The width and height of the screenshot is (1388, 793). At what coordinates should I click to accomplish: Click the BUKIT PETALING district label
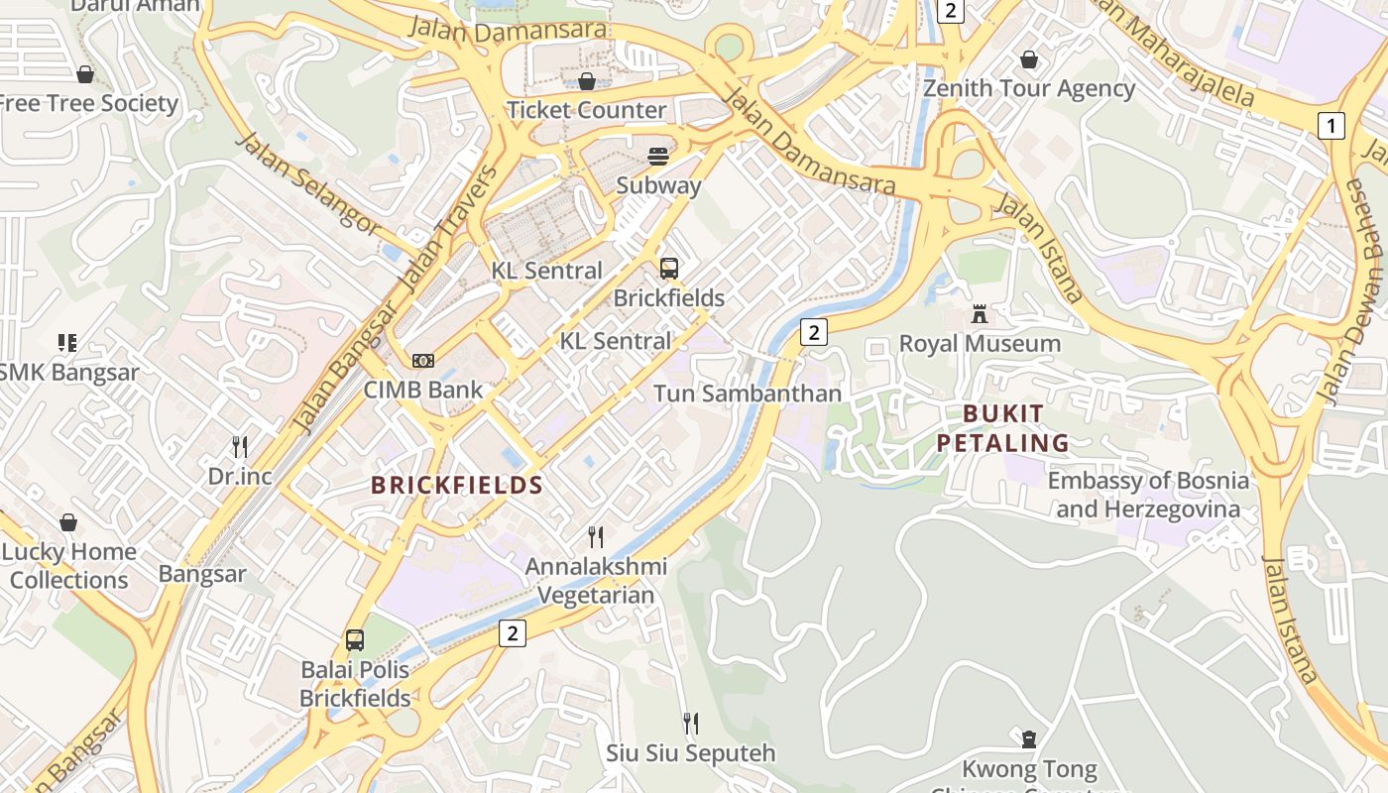(x=1003, y=428)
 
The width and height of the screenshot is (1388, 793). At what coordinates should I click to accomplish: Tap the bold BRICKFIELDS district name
(x=456, y=485)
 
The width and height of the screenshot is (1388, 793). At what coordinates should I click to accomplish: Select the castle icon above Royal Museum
(x=980, y=314)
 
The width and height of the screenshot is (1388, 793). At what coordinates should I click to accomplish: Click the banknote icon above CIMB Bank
(x=423, y=360)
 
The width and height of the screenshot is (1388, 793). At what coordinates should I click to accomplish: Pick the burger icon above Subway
(x=658, y=156)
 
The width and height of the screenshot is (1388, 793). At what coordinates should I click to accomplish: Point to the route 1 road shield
(x=1330, y=126)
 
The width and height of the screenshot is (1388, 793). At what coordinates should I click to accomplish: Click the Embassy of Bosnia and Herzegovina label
(x=1148, y=495)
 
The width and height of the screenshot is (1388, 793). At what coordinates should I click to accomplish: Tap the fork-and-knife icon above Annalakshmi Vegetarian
(x=596, y=537)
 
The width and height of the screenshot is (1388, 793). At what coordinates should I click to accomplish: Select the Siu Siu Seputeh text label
(x=690, y=752)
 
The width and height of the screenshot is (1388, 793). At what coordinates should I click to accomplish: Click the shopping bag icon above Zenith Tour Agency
(x=1029, y=59)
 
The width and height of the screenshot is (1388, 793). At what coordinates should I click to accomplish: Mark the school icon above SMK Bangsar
(x=67, y=343)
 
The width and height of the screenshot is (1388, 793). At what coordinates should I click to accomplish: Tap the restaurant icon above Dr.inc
(x=239, y=446)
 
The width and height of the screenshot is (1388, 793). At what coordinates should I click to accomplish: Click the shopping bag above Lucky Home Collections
(x=68, y=522)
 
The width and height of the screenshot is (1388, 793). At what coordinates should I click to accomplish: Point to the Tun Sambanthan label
(x=747, y=394)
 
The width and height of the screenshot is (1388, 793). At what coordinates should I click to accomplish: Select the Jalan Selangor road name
(x=307, y=184)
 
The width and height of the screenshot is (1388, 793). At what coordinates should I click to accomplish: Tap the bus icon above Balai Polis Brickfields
(x=354, y=640)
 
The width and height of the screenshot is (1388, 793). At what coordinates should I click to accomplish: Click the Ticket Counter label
(x=586, y=110)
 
